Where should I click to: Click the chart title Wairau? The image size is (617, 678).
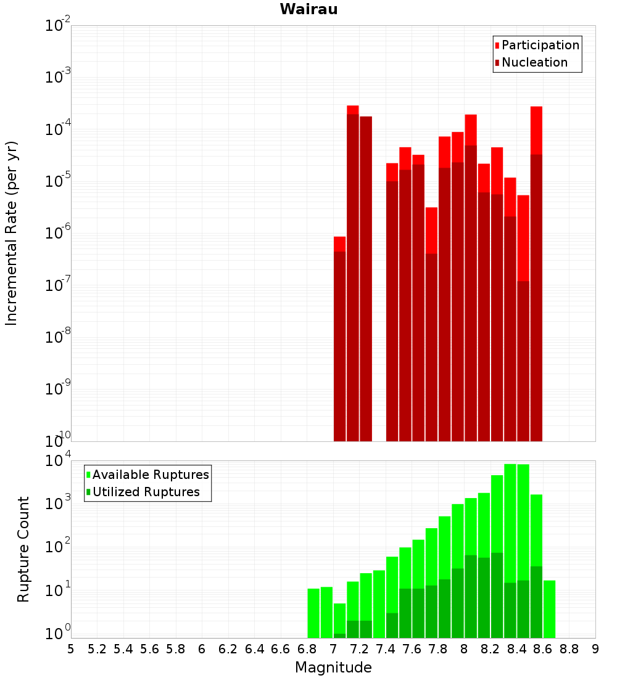(x=308, y=10)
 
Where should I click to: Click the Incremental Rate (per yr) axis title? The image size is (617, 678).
(x=12, y=233)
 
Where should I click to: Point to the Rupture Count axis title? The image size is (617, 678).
(x=23, y=549)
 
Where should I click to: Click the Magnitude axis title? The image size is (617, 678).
(x=333, y=668)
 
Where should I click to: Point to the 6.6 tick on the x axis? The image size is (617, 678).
(x=281, y=649)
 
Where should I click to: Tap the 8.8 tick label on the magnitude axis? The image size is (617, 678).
(x=569, y=649)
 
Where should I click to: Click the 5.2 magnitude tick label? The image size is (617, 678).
(x=97, y=649)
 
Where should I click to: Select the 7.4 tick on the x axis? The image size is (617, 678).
(x=386, y=649)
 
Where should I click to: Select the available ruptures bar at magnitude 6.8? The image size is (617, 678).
(x=313, y=613)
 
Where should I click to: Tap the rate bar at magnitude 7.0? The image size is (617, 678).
(x=339, y=345)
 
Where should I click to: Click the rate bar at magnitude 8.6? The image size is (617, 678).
(x=536, y=277)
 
